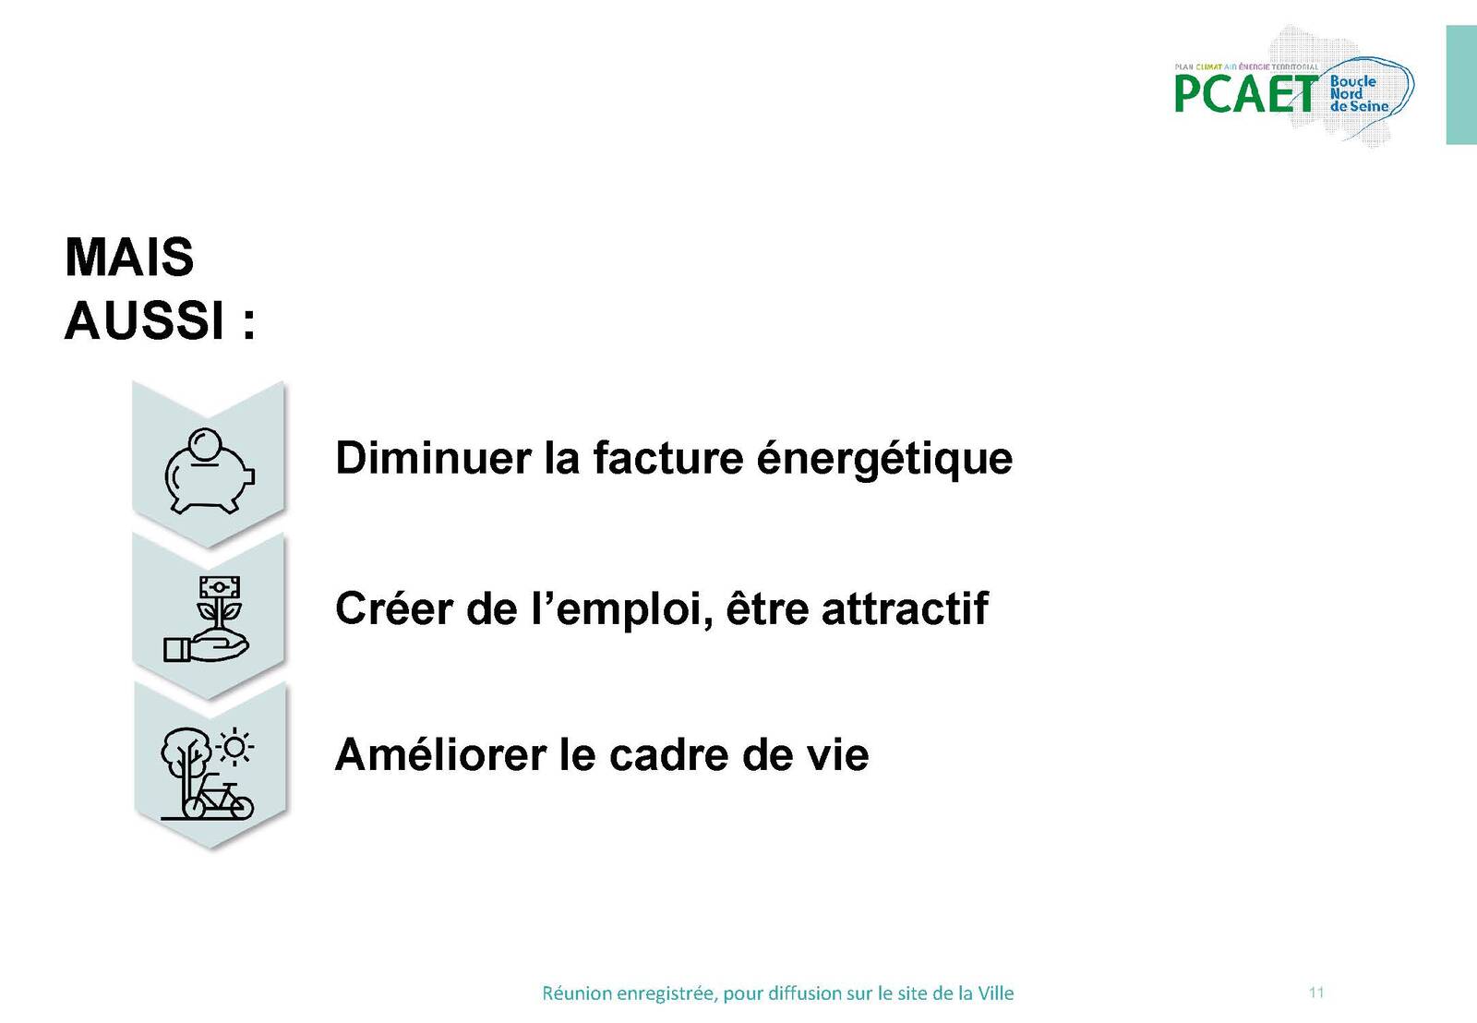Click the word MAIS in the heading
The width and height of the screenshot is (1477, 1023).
coord(129,257)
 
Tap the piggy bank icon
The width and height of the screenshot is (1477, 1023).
coord(210,471)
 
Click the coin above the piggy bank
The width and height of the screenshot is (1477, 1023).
coord(204,443)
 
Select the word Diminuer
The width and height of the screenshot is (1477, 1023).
coord(433,457)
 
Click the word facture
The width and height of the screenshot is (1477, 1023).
coord(668,457)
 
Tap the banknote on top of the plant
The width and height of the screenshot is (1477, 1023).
coord(220,586)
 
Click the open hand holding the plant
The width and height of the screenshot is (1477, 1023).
coord(207,646)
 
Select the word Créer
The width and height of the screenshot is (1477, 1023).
coord(394,608)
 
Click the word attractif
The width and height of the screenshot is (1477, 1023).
coord(905,608)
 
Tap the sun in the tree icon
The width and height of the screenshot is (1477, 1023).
coord(234,747)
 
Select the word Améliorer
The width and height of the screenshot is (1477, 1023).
coord(440,754)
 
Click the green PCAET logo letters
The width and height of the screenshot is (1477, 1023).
coord(1246,93)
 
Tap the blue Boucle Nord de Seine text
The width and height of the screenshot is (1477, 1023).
coord(1359,93)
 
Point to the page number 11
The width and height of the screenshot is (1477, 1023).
coord(1316,992)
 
